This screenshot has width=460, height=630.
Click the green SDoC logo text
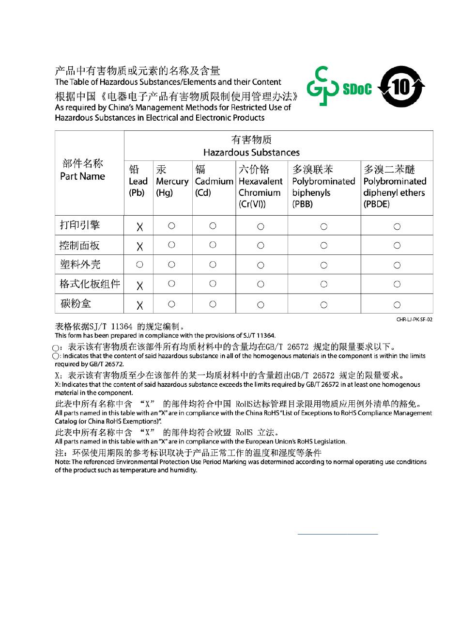click(x=357, y=89)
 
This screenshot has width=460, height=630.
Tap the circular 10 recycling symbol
click(x=401, y=87)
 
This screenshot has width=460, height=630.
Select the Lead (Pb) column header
click(x=138, y=181)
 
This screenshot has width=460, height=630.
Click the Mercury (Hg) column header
click(x=172, y=181)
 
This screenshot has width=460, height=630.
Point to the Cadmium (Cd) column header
click(x=214, y=181)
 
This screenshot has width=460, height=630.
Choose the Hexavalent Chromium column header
click(x=261, y=187)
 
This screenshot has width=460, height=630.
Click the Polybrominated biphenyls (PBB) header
click(x=323, y=187)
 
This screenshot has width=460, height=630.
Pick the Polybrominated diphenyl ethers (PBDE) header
click(x=395, y=187)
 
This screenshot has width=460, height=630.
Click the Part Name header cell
click(x=83, y=170)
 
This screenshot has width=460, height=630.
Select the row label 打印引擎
click(x=80, y=225)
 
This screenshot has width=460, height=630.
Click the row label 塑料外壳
click(x=80, y=265)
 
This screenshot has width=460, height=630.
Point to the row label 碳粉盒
click(x=76, y=304)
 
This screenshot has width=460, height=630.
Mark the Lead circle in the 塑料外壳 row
click(x=139, y=265)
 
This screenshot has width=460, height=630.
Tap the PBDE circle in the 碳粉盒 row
click(x=397, y=305)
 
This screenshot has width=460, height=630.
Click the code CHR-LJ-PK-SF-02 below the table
click(x=414, y=320)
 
